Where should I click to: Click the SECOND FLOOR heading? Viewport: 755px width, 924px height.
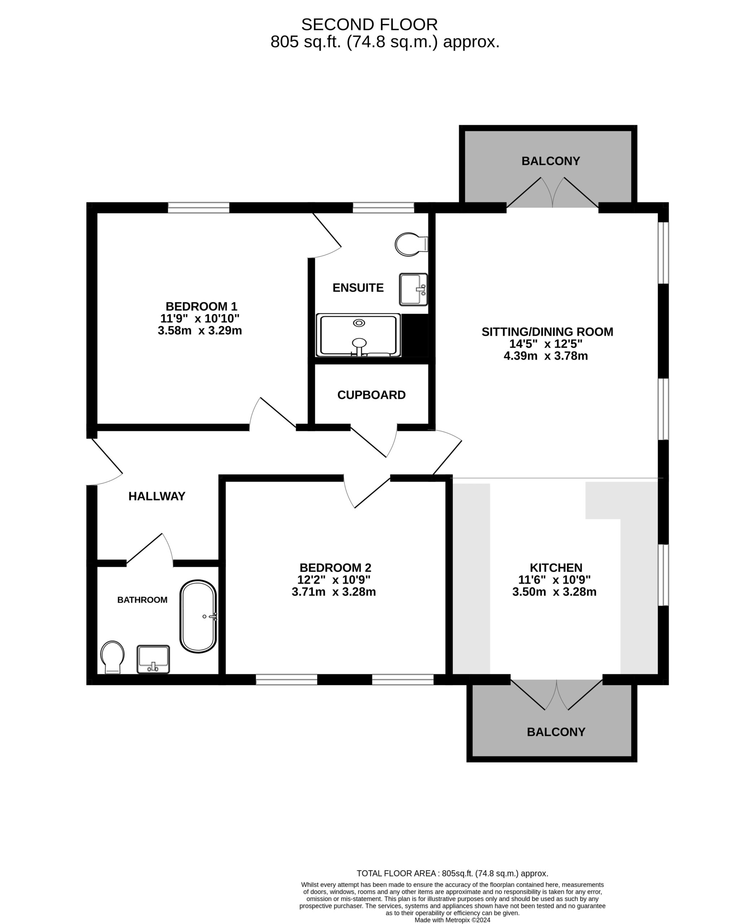tap(369, 25)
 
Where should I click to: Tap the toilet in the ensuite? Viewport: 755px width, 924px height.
tap(410, 244)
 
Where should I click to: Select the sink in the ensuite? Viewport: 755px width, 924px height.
tap(413, 289)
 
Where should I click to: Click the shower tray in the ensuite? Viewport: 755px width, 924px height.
tap(358, 335)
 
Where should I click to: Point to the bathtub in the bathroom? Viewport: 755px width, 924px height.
tap(198, 616)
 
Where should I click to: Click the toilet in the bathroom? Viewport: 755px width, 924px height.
tap(113, 656)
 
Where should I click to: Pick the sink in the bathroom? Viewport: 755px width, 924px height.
tap(153, 659)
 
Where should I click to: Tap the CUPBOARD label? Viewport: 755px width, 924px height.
tap(372, 395)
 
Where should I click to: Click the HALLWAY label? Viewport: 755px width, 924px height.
tap(157, 496)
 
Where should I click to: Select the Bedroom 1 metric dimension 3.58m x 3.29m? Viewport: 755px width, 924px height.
tap(200, 331)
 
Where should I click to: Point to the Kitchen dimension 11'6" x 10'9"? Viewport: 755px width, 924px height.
tap(554, 580)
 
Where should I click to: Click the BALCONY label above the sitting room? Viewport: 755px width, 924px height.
tap(550, 161)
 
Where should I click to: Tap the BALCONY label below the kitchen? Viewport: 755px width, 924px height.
tap(556, 732)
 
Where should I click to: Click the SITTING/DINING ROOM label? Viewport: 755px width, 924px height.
tap(547, 332)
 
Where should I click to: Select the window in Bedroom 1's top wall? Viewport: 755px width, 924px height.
tap(198, 208)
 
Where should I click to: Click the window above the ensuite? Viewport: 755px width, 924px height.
tap(383, 208)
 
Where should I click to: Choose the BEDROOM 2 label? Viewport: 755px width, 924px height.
tap(335, 567)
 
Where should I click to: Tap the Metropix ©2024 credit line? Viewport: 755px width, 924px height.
tap(452, 920)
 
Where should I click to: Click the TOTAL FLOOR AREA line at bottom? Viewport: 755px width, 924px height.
tap(452, 873)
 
